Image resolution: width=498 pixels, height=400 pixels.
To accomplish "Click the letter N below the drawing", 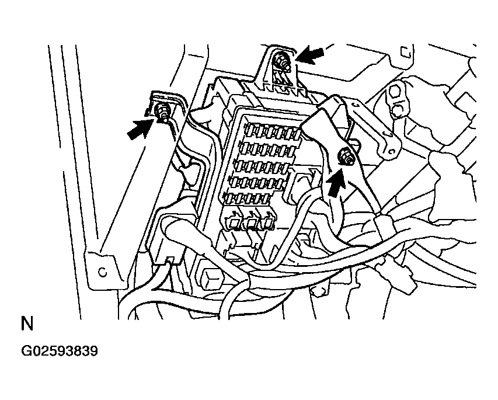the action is click(27, 324).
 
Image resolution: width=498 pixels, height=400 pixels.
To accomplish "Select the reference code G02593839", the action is click(60, 352).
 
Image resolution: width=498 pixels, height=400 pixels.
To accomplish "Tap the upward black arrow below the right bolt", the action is click(335, 183).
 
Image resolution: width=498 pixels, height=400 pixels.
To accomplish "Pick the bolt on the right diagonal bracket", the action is click(347, 157).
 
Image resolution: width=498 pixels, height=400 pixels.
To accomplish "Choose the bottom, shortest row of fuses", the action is click(247, 199).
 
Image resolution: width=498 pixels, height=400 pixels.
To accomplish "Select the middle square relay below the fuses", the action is click(251, 221).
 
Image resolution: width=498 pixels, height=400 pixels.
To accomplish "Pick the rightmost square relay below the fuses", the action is click(267, 221).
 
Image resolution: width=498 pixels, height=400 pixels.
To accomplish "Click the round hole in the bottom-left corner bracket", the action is click(103, 272).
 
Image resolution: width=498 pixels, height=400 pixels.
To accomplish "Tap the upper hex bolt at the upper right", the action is click(394, 92).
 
